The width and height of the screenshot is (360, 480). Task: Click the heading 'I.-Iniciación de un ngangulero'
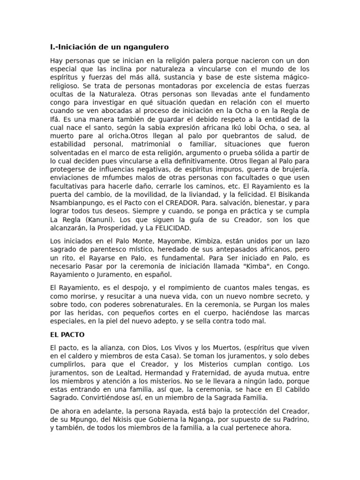[x=109, y=47]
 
